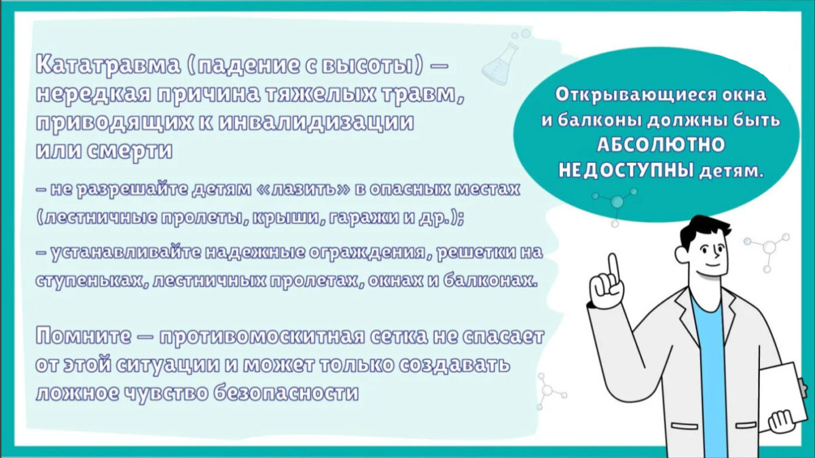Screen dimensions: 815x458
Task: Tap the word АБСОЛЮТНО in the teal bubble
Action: tap(661, 145)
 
